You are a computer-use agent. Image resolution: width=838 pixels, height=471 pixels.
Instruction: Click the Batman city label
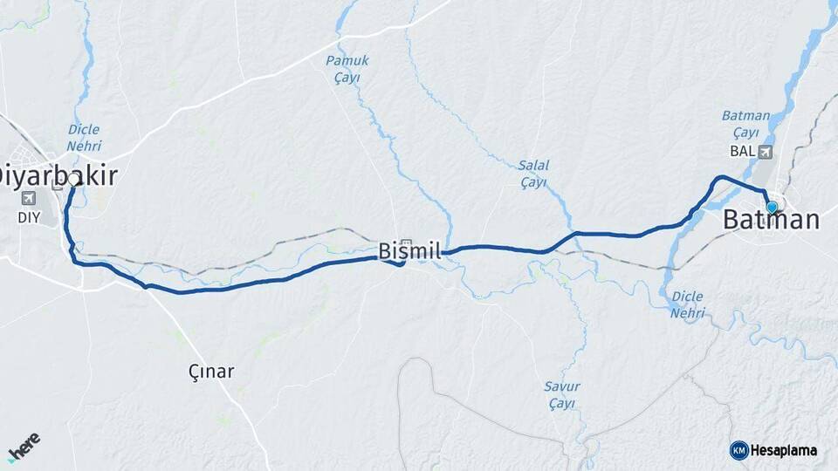coord(772,221)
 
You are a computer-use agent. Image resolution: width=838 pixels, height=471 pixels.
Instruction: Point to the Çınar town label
coord(212,372)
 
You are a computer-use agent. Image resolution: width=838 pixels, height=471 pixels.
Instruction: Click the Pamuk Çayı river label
coord(347,69)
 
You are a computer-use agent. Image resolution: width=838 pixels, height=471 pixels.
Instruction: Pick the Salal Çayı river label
coord(532,174)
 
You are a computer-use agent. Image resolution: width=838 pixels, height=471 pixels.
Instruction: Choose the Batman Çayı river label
coord(745,124)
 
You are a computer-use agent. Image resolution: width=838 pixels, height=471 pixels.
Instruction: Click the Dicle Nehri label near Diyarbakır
coord(84,138)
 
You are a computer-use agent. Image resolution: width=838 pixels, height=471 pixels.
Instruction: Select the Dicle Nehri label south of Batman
coord(688,304)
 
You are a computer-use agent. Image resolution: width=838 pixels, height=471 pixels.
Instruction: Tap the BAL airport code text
coord(741,152)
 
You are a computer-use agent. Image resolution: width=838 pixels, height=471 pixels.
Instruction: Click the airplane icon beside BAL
coord(766,152)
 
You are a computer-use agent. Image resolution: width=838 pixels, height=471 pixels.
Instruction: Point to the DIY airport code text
coord(29,217)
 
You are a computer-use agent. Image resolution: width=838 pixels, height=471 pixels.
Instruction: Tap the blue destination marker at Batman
coord(771,207)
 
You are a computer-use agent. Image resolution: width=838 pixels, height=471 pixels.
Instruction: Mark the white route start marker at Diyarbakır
coord(72,179)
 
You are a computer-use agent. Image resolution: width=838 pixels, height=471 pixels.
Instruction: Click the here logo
coord(24,447)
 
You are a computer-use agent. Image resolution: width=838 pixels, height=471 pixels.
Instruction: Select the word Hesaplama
coord(784,450)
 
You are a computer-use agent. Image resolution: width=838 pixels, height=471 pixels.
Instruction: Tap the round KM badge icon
coord(738,450)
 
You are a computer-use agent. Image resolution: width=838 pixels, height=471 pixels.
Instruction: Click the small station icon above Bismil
coord(406,242)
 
